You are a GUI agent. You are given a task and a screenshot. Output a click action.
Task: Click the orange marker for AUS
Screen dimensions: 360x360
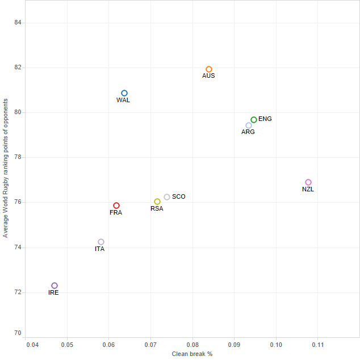click(209, 69)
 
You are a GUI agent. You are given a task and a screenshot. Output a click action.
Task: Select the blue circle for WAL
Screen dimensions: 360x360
click(124, 93)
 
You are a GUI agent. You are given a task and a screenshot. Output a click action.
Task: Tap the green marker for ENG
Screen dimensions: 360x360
click(254, 120)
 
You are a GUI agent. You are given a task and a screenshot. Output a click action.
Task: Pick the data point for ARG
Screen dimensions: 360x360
click(249, 125)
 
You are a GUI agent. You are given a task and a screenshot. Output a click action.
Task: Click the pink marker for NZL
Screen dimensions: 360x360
click(308, 182)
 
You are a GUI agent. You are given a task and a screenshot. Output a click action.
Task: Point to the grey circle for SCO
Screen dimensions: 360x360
click(167, 197)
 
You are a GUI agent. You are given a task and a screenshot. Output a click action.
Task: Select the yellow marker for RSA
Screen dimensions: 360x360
click(157, 202)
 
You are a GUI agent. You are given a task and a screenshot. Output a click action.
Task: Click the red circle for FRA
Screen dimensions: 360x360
click(116, 206)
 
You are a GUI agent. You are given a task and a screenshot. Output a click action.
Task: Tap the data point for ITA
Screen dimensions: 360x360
click(101, 242)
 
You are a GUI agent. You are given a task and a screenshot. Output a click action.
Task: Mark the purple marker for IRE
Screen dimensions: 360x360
click(55, 286)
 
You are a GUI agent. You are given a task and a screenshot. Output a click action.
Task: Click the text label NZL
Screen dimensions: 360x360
click(308, 189)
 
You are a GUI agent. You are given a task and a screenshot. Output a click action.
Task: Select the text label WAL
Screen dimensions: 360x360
click(123, 100)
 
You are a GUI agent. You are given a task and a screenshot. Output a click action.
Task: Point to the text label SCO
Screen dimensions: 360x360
click(179, 196)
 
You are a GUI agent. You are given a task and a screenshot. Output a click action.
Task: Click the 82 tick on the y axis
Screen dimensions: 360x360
click(17, 68)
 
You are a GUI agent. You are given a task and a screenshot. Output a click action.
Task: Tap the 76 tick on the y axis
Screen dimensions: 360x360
click(17, 202)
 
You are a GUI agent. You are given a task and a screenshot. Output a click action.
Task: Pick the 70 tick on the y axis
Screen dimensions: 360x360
click(17, 333)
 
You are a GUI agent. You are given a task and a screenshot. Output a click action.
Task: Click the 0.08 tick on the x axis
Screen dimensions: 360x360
click(192, 345)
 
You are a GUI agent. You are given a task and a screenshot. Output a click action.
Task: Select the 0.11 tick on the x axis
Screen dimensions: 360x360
click(318, 345)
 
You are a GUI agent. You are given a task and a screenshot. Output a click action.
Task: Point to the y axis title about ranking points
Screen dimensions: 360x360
click(6, 168)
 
